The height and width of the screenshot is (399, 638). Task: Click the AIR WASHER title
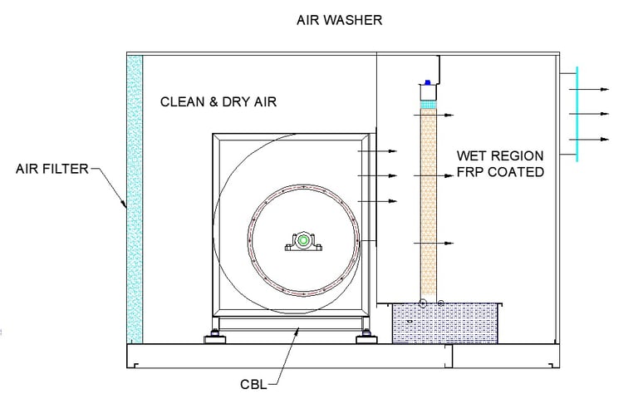(x=339, y=20)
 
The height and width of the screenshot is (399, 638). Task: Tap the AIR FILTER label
(x=52, y=169)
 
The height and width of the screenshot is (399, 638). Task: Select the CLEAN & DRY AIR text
(x=218, y=101)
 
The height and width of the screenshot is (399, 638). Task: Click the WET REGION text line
(x=500, y=155)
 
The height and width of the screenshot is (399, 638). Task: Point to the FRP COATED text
(x=500, y=172)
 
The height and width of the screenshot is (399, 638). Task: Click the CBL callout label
(x=253, y=384)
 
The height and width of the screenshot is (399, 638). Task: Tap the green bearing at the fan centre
(x=303, y=240)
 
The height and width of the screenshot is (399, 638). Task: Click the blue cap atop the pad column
(x=428, y=82)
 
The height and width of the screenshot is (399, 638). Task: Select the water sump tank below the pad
(x=444, y=323)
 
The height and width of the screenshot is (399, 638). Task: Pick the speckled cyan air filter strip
(x=135, y=199)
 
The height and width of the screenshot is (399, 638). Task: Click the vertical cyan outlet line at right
(x=577, y=114)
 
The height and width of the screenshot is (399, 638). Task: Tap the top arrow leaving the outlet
(x=589, y=89)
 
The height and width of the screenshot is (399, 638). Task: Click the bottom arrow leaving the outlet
(x=589, y=140)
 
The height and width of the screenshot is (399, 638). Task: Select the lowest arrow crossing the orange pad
(x=434, y=243)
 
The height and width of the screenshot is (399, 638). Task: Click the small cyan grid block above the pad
(x=428, y=104)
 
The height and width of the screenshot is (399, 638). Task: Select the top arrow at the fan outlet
(x=377, y=151)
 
